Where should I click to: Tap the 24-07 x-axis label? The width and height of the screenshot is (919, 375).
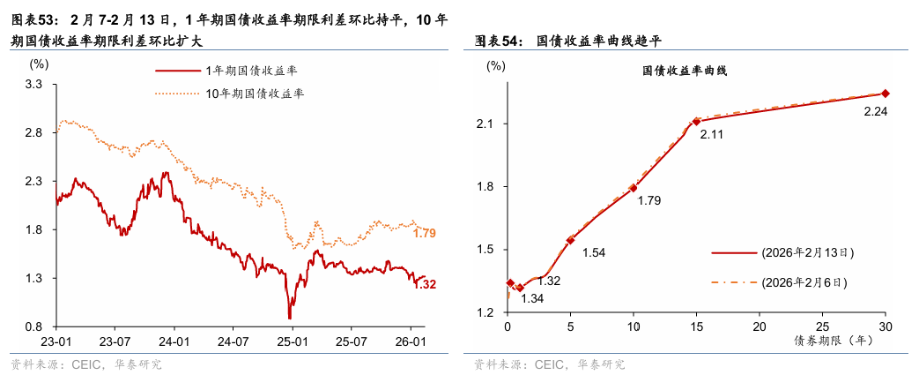pos(233,341)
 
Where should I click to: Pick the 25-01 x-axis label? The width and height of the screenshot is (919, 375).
pos(291,341)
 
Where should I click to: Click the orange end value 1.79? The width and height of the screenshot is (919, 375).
pos(425,234)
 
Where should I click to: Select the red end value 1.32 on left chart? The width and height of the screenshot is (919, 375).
pos(425,284)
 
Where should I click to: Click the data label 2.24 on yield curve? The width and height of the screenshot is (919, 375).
pos(875,111)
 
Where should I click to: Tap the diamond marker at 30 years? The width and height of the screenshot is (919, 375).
pos(885,94)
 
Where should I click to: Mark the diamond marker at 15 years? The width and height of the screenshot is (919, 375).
pos(696,122)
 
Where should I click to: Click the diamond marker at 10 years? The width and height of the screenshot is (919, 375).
pos(633,188)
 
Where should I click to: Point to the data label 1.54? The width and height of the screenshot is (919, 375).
pos(594,253)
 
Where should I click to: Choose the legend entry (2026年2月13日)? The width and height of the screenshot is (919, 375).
pos(806,252)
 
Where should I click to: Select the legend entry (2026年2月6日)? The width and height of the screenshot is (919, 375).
pos(804,283)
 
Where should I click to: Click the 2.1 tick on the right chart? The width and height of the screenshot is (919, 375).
pos(493,124)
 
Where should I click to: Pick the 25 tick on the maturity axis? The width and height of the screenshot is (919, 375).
pos(821,326)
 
